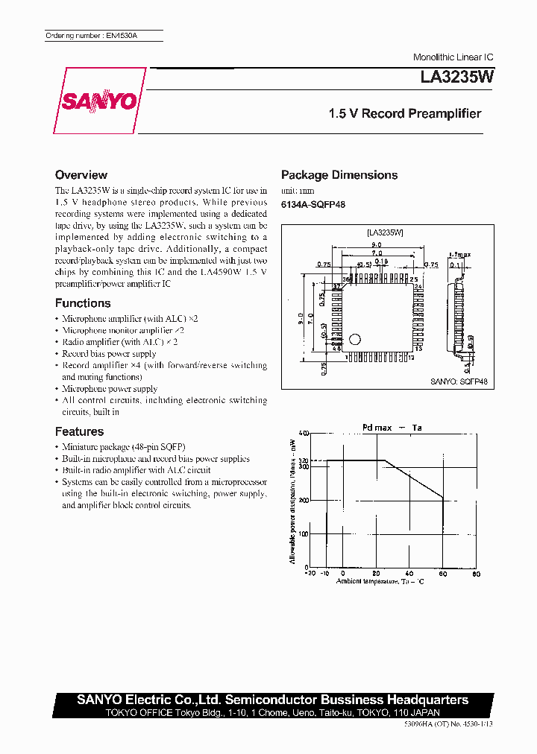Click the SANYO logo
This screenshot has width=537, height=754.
pyautogui.click(x=98, y=101)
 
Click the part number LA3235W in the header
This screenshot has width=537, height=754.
pyautogui.click(x=451, y=76)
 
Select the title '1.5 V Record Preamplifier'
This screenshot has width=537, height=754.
pyautogui.click(x=405, y=114)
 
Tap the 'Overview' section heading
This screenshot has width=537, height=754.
pyautogui.click(x=81, y=175)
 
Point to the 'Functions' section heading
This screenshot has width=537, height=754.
pyautogui.click(x=83, y=303)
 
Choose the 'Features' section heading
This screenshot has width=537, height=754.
pyautogui.click(x=80, y=431)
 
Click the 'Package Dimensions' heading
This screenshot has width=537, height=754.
pyautogui.click(x=339, y=175)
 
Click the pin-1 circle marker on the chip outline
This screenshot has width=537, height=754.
pyautogui.click(x=355, y=339)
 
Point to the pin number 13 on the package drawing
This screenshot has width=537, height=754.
pyautogui.click(x=419, y=348)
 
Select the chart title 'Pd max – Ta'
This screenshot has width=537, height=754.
pyautogui.click(x=392, y=427)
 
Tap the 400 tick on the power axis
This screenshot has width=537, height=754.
pyautogui.click(x=304, y=433)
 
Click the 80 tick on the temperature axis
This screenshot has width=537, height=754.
pyautogui.click(x=477, y=574)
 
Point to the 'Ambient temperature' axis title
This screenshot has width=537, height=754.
pyautogui.click(x=380, y=581)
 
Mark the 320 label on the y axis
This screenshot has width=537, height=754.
pyautogui.click(x=304, y=460)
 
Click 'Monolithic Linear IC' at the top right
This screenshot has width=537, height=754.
pyautogui.click(x=453, y=57)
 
